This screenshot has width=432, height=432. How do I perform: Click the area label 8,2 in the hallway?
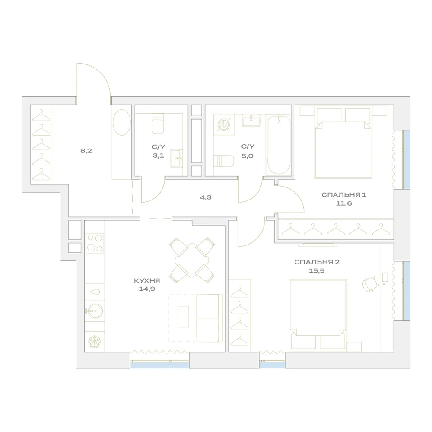tap(86, 151)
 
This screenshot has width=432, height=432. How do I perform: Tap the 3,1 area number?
tap(159, 156)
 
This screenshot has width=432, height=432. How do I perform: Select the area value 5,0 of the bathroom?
tap(248, 156)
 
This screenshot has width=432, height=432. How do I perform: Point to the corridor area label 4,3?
tap(206, 197)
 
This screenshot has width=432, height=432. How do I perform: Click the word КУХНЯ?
tap(147, 280)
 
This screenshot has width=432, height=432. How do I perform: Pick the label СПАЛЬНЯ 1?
tap(344, 195)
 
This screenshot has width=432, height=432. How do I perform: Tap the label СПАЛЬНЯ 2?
tap(317, 262)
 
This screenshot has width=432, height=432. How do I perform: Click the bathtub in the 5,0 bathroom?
tap(279, 145)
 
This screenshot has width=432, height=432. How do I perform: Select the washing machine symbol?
tap(223, 125)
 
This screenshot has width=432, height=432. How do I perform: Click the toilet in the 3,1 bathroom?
tap(158, 124)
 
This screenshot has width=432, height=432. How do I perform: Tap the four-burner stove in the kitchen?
tap(95, 243)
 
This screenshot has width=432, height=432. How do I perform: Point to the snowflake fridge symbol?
tap(95, 342)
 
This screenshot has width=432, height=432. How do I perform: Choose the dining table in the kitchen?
tap(192, 260)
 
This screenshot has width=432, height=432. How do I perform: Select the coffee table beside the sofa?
tap(183, 317)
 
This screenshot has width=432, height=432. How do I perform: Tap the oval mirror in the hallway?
tap(122, 122)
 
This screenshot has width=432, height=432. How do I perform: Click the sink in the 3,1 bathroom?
tap(177, 159)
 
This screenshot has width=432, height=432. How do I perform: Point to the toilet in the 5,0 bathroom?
tap(224, 161)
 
